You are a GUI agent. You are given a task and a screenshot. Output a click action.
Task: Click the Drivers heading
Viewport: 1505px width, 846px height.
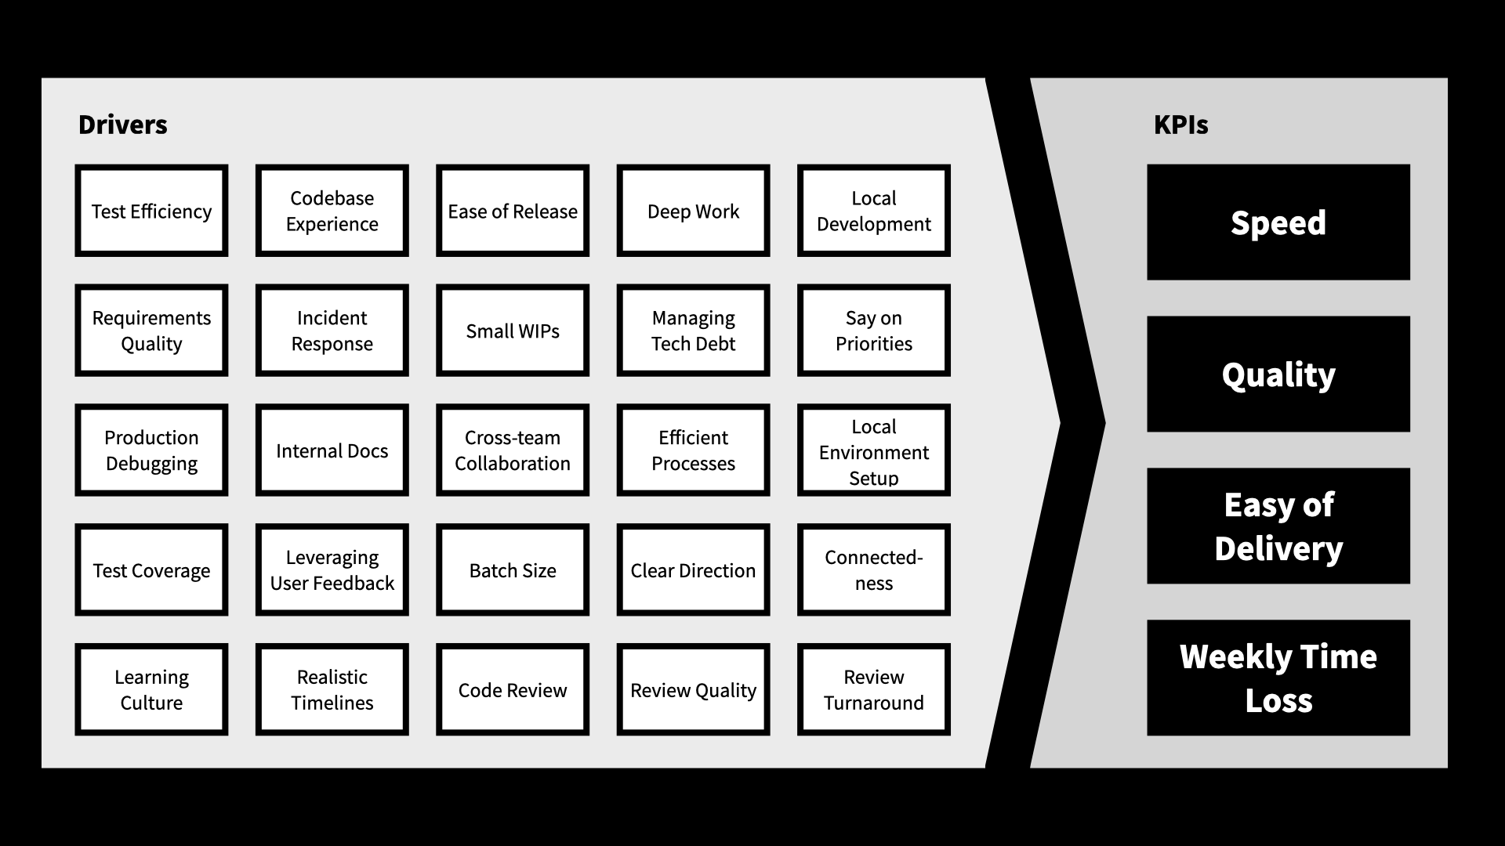pos(123,125)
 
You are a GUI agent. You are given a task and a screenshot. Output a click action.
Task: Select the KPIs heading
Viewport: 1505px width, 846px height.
pos(1180,125)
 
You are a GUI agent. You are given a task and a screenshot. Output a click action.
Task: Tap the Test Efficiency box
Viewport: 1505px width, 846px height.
pos(151,211)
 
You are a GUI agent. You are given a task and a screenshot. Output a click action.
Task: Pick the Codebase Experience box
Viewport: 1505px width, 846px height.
pos(332,211)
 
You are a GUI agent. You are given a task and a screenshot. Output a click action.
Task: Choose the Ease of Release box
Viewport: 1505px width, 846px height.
pos(513,211)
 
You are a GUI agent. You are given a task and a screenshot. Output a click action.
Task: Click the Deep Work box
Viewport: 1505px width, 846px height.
pos(693,211)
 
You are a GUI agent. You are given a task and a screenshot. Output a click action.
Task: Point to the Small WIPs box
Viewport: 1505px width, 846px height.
pos(513,331)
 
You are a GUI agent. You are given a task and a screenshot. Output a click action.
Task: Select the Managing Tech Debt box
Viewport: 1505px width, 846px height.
pos(693,331)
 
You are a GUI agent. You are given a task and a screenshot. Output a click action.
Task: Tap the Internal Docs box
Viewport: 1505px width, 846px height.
pos(332,450)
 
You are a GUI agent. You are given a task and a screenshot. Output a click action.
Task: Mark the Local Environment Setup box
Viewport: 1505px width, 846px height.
pos(874,450)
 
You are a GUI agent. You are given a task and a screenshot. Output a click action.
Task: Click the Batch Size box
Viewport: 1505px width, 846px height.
pos(513,570)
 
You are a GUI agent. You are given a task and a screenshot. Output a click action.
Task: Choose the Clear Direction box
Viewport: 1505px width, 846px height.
pos(693,570)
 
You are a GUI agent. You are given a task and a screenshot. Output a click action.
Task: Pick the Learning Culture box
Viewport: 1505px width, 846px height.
pos(151,689)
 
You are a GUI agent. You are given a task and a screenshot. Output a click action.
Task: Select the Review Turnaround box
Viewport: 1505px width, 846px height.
pos(874,689)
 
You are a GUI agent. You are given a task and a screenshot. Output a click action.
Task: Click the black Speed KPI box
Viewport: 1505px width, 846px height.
pos(1278,222)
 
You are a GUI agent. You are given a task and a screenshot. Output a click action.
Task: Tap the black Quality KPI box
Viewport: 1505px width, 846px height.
pos(1278,374)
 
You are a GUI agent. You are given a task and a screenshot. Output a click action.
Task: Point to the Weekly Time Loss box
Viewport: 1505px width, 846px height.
pos(1278,678)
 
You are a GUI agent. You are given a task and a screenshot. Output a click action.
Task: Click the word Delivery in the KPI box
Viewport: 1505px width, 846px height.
pos(1278,548)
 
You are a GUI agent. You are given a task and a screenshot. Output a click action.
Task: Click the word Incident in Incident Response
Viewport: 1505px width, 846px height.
pos(332,318)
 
